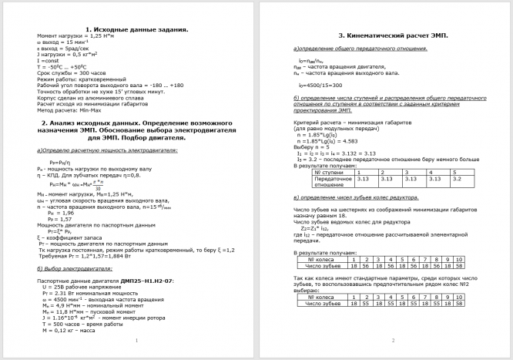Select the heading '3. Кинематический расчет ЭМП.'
coord(393,35)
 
